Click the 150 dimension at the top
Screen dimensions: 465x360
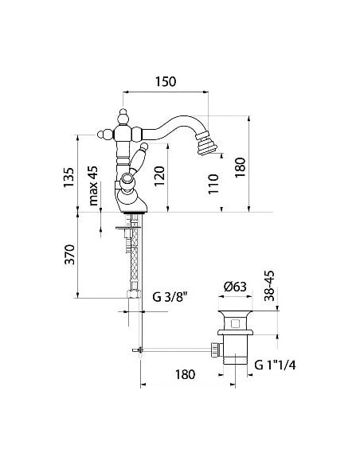click(164, 82)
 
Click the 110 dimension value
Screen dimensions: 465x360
click(212, 185)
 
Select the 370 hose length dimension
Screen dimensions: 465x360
click(69, 255)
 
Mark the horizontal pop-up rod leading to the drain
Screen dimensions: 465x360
click(175, 348)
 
